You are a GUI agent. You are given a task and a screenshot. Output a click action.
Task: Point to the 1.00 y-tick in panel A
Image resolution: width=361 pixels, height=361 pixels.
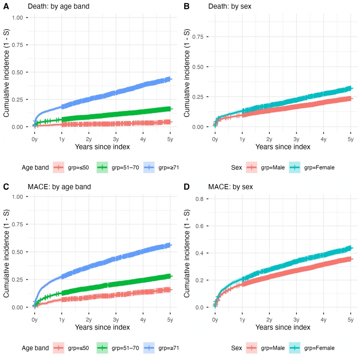point(17,18)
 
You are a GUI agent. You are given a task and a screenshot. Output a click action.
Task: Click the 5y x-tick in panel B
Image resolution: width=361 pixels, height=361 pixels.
point(351,140)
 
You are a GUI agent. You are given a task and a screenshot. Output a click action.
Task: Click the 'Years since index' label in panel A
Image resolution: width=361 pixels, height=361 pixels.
point(102,147)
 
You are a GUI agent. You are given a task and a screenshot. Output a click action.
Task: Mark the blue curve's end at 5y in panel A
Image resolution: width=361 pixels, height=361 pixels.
point(170,79)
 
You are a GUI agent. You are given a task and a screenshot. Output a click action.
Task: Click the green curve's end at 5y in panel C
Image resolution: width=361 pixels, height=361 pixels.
point(170,276)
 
